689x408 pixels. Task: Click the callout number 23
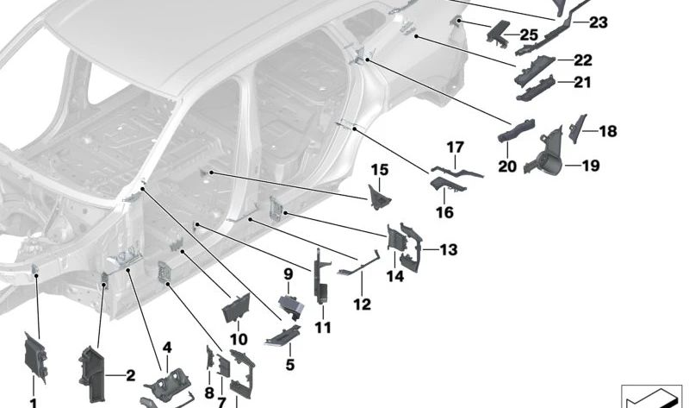[597, 22]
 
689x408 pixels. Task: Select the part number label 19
[590, 166]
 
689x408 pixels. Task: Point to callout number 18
[607, 132]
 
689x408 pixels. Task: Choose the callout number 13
[448, 250]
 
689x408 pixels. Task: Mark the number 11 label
[322, 328]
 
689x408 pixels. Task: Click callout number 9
[289, 274]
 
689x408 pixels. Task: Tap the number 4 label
[167, 347]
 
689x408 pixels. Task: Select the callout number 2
[130, 375]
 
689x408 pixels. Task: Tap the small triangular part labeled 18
[578, 126]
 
